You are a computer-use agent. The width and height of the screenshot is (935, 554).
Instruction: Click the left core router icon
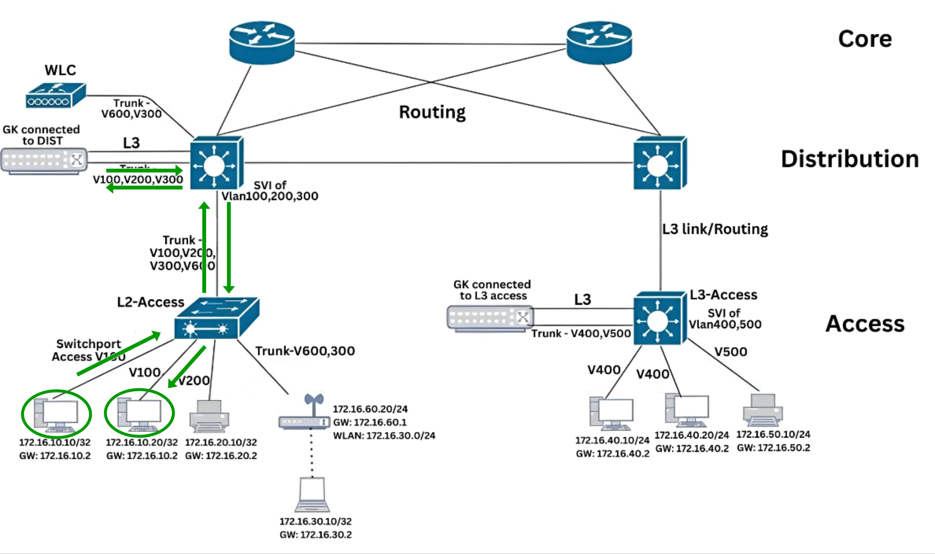pos(262,42)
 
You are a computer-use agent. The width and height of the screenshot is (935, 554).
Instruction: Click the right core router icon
pos(599,42)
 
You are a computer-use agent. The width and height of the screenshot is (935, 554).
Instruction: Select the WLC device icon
pos(56,96)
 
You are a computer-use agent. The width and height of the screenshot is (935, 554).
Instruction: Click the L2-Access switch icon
pos(216,319)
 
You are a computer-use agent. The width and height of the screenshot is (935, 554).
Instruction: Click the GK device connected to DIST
pos(44,161)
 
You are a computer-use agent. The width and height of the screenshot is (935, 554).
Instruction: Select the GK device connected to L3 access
pos(490,318)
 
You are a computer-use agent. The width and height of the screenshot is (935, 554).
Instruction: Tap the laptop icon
pos(312,495)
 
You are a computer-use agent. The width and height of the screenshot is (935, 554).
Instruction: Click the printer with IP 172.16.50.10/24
pos(763,410)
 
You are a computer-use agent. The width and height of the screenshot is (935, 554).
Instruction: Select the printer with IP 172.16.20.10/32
pos(209,416)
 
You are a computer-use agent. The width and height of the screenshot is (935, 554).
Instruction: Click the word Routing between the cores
pos(432,112)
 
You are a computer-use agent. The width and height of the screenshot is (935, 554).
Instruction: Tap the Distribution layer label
pos(850,159)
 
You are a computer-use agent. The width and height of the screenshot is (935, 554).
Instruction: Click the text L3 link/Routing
pos(715,229)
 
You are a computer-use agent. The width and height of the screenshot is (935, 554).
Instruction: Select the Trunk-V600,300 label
pos(305,351)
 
